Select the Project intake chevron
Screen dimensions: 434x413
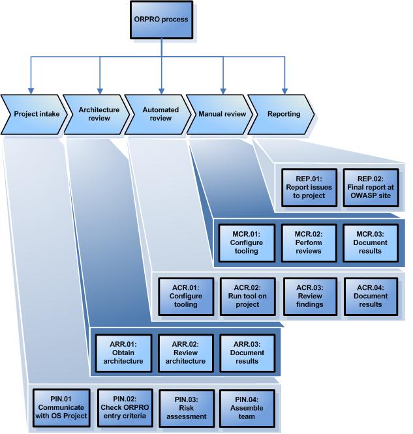[x=33, y=114]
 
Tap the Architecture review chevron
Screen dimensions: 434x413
[x=95, y=114]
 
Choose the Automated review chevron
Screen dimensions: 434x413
[x=157, y=114]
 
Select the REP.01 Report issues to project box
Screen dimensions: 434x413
[x=309, y=187]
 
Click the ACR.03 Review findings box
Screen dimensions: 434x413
[x=309, y=297]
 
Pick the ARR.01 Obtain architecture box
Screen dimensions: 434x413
[x=118, y=352]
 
